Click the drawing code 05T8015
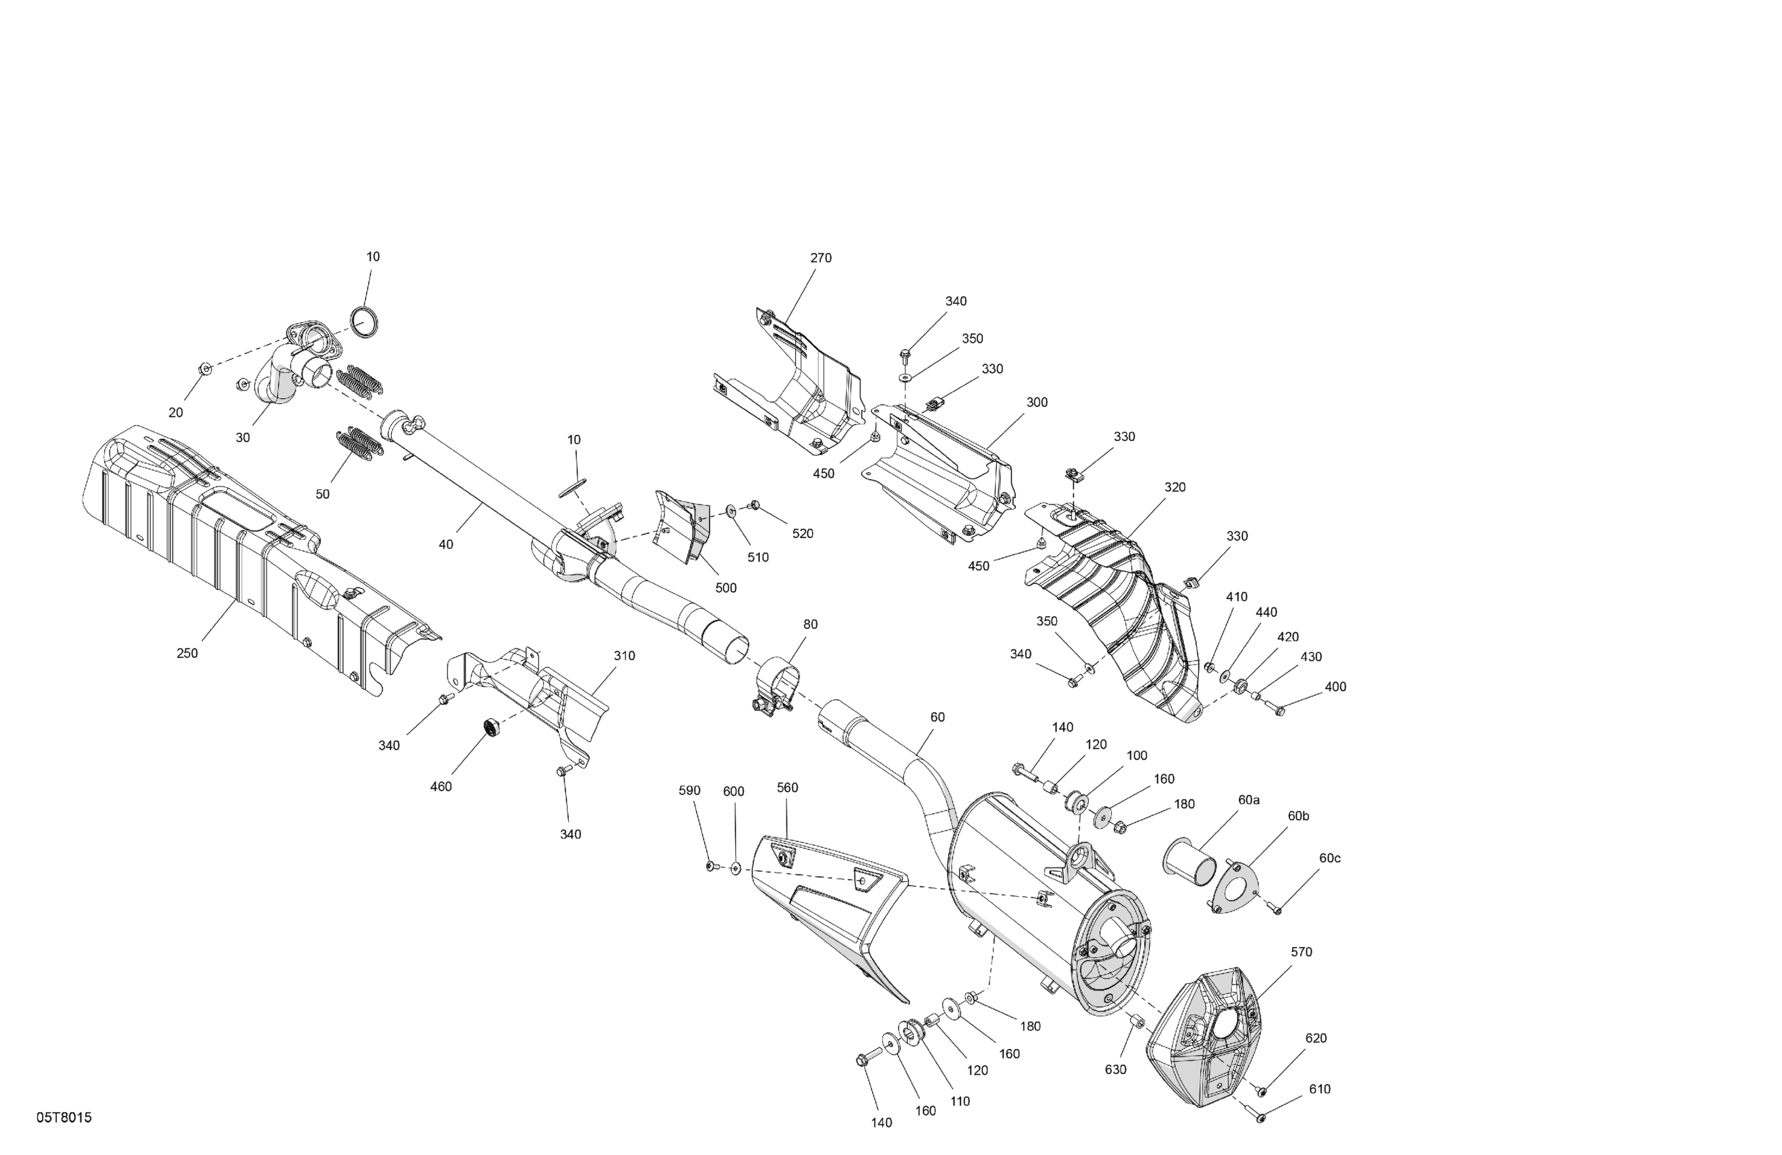click(65, 1118)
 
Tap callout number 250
click(187, 654)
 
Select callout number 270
click(820, 258)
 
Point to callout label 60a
click(1249, 800)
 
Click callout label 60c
click(1330, 859)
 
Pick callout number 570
click(1301, 952)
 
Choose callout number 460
click(441, 787)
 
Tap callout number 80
click(811, 624)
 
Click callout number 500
click(726, 588)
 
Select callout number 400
click(1335, 687)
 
